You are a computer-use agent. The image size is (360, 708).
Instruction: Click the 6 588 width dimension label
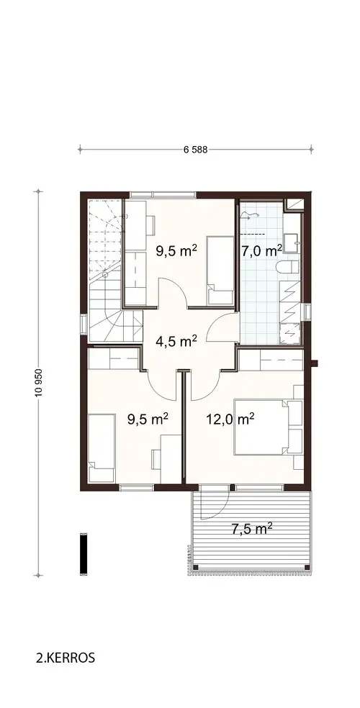pyautogui.click(x=195, y=150)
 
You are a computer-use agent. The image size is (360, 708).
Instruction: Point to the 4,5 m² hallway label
pyautogui.click(x=177, y=340)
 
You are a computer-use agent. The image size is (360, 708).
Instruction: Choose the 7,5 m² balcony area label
pyautogui.click(x=251, y=529)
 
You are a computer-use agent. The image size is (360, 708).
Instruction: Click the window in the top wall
pyautogui.click(x=162, y=193)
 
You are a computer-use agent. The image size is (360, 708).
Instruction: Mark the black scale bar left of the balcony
pyautogui.click(x=84, y=553)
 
